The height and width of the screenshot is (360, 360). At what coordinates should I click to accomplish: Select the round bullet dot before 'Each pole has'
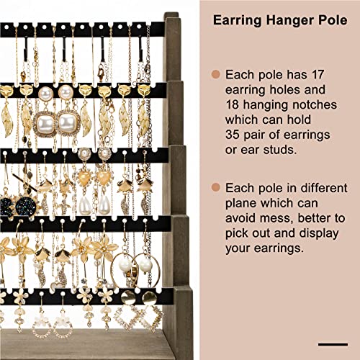coord(215,75)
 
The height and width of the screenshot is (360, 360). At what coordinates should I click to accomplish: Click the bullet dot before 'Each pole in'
coord(215,187)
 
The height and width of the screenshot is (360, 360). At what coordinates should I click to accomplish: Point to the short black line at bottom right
coord(332,344)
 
